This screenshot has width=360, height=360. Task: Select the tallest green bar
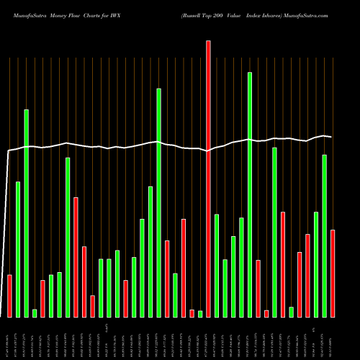pyautogui.click(x=250, y=194)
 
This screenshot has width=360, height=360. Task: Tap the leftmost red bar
pyautogui.click(x=9, y=295)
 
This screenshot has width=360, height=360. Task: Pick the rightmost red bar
pyautogui.click(x=333, y=273)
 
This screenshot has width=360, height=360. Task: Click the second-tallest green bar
pyautogui.click(x=158, y=202)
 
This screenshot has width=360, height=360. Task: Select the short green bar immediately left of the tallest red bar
pyautogui.click(x=200, y=313)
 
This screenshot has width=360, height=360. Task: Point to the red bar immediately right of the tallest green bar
pyautogui.click(x=258, y=288)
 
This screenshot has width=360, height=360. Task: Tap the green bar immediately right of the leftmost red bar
pyautogui.click(x=18, y=248)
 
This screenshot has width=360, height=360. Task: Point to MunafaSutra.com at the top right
pyautogui.click(x=307, y=14)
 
